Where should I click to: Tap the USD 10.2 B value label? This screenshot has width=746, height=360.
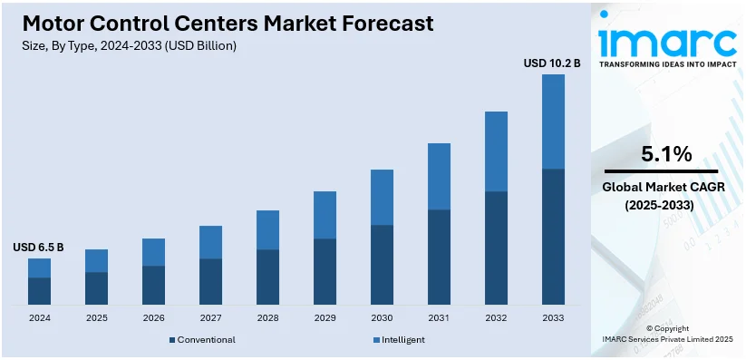point(552,63)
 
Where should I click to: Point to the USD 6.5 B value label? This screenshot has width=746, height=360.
point(38,248)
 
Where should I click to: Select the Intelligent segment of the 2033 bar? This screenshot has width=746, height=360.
point(553,122)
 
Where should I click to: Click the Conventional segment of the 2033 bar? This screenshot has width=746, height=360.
point(553,236)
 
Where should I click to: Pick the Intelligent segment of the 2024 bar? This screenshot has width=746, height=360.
point(39,268)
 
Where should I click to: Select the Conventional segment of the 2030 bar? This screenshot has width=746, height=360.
point(382,264)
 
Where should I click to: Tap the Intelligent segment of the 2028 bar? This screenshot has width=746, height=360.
point(267,229)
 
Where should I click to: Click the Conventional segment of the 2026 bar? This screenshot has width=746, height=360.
point(153,285)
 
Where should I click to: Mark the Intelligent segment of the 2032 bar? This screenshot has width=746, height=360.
point(496,151)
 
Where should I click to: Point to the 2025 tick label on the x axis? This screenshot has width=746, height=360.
point(96,318)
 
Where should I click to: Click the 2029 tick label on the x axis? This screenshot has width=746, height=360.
point(325,318)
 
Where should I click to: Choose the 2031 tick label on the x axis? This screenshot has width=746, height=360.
point(439,318)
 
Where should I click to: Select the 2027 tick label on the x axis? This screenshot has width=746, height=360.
point(210,318)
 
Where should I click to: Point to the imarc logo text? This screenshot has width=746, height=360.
point(666,41)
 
